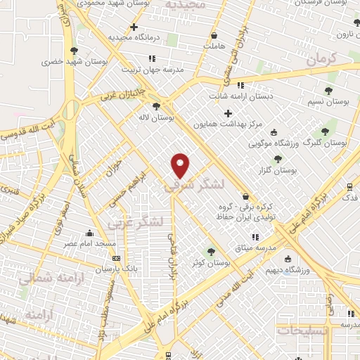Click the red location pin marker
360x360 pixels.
point(181,165)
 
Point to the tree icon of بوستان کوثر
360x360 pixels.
point(210,252)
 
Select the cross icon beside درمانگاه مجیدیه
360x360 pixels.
point(134,27)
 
